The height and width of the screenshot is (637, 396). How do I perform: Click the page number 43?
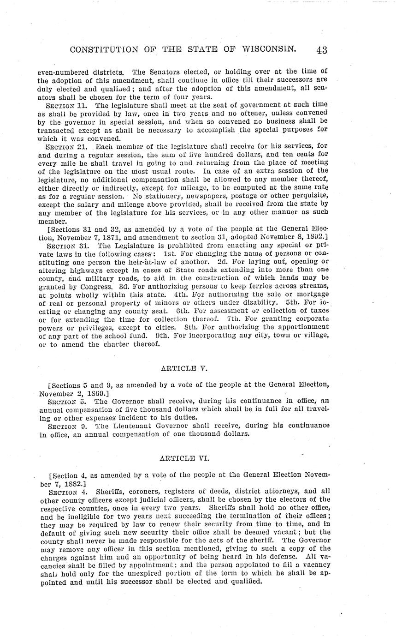pos(321,50)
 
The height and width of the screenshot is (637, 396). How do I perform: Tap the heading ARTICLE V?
pos(184,368)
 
